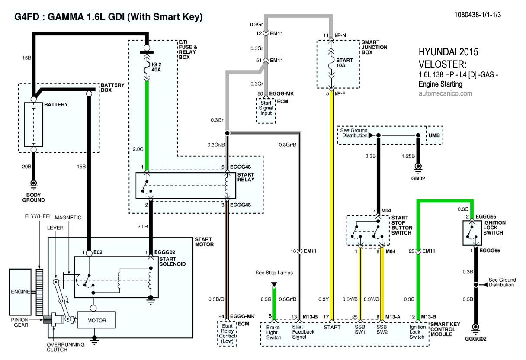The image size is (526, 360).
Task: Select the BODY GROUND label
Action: click(x=33, y=197)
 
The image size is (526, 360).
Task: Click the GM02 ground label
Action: click(x=419, y=178)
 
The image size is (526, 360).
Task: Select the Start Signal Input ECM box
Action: click(x=266, y=108)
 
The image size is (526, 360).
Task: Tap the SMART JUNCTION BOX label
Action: click(x=375, y=47)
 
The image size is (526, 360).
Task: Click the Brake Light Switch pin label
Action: click(x=273, y=332)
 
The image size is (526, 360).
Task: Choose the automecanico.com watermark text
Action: click(x=446, y=93)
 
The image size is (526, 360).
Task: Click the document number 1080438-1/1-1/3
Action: click(x=478, y=14)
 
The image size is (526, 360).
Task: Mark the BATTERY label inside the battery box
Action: click(x=56, y=105)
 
